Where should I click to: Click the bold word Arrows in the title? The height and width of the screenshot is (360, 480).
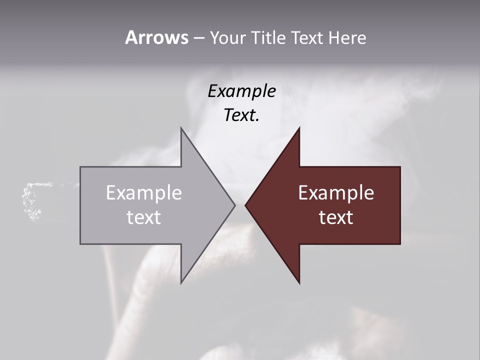coord(156,37)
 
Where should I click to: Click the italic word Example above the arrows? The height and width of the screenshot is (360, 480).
coord(242,91)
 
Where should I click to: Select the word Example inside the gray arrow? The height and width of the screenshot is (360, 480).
coord(143,193)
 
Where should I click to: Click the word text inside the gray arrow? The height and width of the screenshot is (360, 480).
coord(143,217)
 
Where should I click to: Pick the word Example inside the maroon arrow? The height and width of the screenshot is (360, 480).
coord(336,193)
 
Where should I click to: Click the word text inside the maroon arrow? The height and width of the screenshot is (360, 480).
coord(336,217)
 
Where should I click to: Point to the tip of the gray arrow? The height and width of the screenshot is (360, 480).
coord(234,205)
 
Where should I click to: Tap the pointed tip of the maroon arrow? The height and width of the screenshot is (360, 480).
coord(246,205)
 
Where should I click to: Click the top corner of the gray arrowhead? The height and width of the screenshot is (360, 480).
coord(181,128)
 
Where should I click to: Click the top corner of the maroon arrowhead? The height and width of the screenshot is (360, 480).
coord(299,128)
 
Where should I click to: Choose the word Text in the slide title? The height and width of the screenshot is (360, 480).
coord(307,38)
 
